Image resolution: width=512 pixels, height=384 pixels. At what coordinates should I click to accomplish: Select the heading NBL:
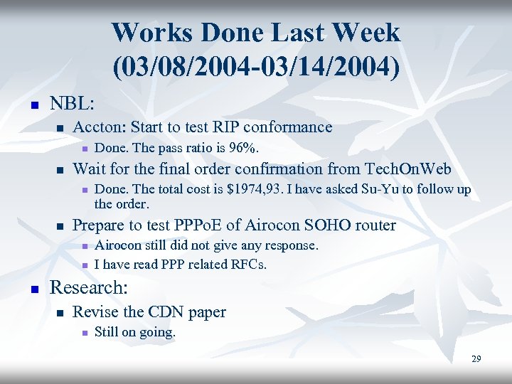[72, 103]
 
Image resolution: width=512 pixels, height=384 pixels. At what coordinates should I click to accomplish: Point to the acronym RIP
[238, 127]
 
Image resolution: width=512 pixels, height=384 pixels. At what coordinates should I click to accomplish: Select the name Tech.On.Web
[407, 169]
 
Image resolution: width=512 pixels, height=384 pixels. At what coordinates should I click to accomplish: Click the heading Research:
[89, 288]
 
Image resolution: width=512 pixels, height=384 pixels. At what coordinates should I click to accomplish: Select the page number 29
[476, 359]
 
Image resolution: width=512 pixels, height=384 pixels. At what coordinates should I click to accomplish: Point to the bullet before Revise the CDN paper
[60, 312]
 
